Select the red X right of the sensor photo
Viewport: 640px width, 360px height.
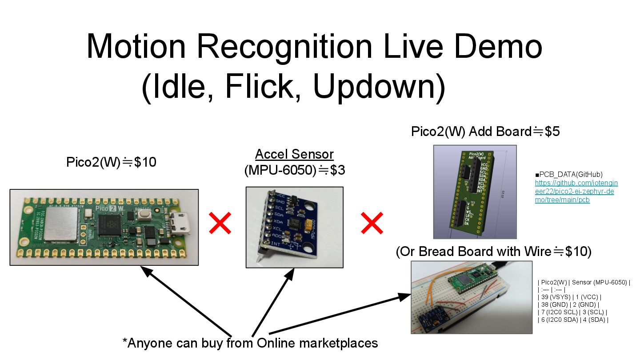372,223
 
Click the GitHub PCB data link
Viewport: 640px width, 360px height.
576,191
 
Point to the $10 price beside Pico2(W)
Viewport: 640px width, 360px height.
145,162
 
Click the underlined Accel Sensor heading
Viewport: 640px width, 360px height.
294,154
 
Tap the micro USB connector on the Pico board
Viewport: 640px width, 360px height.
182,225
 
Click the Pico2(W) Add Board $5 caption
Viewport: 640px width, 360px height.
485,132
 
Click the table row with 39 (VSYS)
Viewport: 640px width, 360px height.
569,297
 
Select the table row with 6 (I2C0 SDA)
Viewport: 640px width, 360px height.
573,320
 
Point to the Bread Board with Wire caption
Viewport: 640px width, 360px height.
493,252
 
